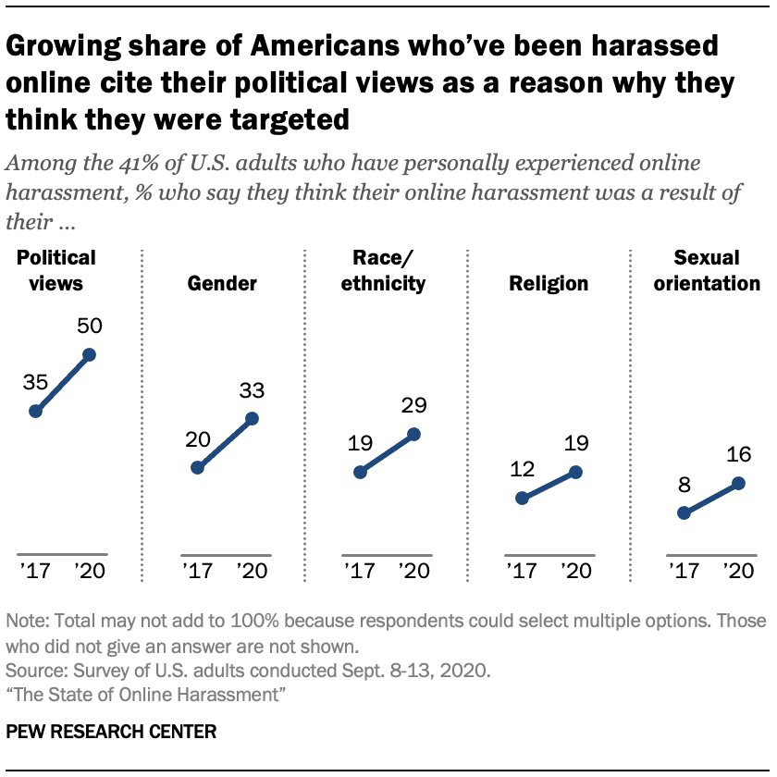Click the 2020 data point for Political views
[90, 354]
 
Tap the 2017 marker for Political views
[35, 411]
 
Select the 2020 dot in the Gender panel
[252, 418]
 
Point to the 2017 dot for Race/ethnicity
[360, 472]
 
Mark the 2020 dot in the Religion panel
[575, 472]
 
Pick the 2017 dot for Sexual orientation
[684, 512]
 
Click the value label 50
[90, 327]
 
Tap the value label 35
[35, 382]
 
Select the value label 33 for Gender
[252, 390]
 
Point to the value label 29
[413, 405]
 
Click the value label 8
[684, 485]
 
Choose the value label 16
[737, 454]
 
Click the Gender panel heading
[222, 283]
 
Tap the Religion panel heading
[549, 283]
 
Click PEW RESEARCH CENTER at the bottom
[111, 732]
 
